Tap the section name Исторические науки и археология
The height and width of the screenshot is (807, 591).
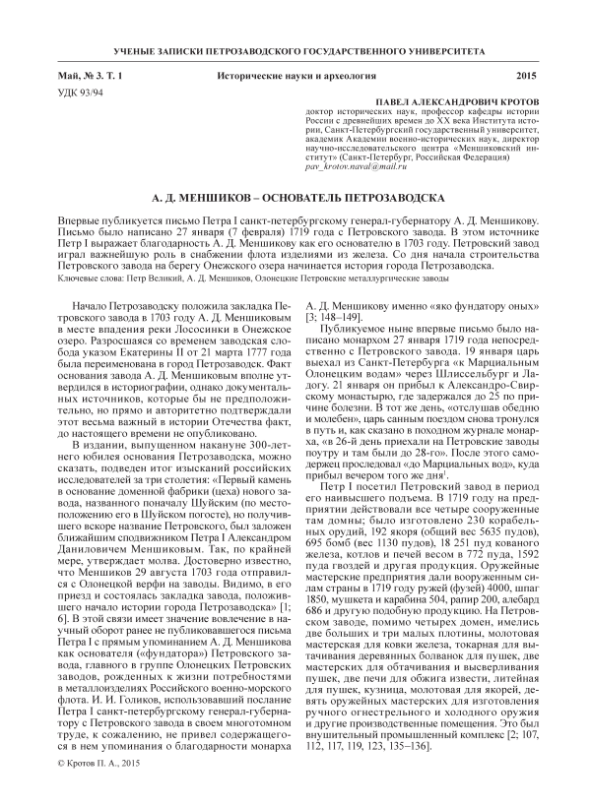(295, 76)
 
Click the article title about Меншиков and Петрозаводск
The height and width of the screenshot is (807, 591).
(295, 197)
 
